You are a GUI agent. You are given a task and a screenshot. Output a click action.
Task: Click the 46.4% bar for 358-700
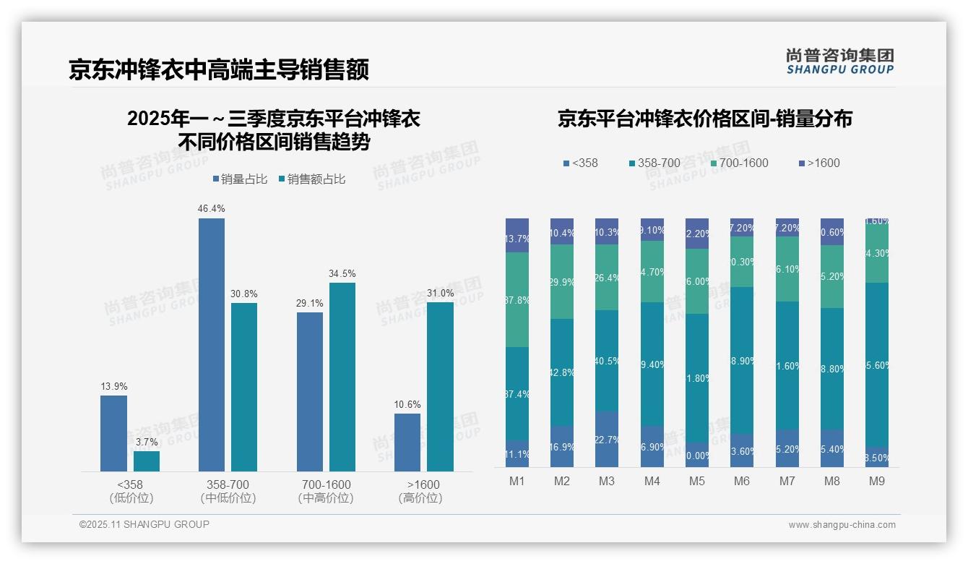(211, 345)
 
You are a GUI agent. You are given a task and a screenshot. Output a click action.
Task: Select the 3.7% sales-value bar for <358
(147, 461)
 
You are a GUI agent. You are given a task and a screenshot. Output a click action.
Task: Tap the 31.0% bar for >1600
(440, 387)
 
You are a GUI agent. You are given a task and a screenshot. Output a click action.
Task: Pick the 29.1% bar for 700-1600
(310, 392)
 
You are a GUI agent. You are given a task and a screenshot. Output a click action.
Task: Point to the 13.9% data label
(113, 387)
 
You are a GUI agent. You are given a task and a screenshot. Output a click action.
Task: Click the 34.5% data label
(342, 274)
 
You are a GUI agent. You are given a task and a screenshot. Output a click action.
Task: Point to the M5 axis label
(696, 482)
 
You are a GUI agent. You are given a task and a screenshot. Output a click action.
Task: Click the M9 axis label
(877, 482)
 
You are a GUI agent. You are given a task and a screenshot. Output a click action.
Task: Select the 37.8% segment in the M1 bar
(517, 299)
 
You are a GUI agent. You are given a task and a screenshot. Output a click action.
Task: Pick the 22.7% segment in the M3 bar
(607, 440)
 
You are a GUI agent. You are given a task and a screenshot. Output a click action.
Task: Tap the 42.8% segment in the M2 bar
(562, 372)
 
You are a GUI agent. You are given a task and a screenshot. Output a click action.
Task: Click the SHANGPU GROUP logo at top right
(839, 61)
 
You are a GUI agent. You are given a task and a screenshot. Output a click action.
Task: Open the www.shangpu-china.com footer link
(842, 525)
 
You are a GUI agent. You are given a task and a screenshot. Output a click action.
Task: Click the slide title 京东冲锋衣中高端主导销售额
(219, 69)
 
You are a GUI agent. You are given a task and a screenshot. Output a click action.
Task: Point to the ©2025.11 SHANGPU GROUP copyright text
(144, 524)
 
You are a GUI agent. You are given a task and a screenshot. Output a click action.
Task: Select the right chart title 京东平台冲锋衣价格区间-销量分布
(704, 119)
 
